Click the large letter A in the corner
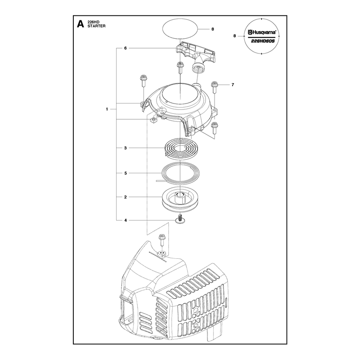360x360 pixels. point(81,24)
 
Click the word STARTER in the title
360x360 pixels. point(96,26)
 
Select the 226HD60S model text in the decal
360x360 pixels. point(263,41)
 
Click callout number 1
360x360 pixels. point(107,109)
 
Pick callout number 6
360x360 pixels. point(126,48)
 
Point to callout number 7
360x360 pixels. point(233,85)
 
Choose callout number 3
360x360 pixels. point(126,148)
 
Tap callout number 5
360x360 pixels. point(126,173)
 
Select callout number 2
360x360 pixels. point(126,197)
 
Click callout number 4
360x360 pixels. point(126,220)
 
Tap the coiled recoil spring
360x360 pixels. point(181,148)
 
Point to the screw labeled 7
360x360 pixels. point(214,87)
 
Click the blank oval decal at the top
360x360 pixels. point(180,29)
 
